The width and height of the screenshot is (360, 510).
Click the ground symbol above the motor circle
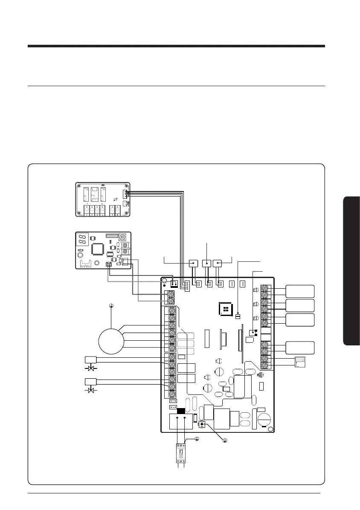point(111,305)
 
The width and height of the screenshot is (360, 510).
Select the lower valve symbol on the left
point(90,390)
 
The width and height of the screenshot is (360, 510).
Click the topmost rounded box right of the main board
point(300,291)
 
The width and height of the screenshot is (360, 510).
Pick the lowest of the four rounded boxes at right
point(300,348)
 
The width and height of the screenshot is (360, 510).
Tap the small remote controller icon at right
point(300,362)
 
